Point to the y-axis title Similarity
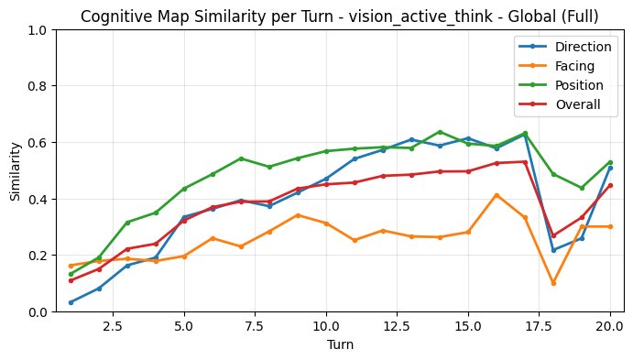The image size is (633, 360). pos(15,170)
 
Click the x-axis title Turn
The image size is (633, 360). pos(339,345)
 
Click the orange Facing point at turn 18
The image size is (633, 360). pos(553,283)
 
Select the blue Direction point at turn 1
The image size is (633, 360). pos(71,302)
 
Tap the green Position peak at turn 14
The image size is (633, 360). pos(440,132)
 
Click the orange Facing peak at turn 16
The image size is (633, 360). pos(497,195)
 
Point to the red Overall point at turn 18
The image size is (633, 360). pos(553,235)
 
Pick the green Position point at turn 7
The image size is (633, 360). pos(241,158)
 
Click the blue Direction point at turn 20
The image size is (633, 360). pos(610,168)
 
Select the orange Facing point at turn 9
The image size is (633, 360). pos(298,215)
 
